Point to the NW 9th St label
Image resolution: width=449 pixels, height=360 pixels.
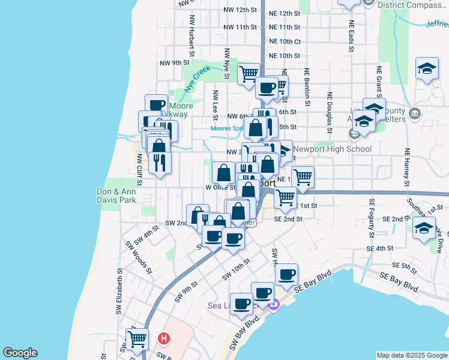175,62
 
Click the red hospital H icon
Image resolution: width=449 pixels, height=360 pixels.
162,338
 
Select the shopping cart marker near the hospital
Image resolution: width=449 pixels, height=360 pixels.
137,338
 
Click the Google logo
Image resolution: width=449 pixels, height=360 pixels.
20,353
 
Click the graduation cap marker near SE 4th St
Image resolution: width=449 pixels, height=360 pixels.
424,228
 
